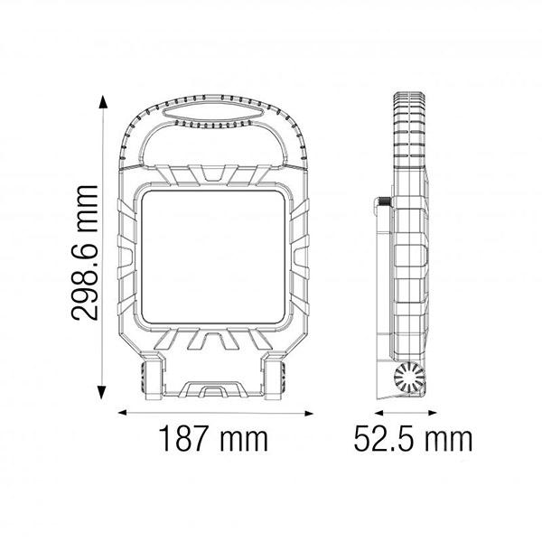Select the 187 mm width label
point(213,439)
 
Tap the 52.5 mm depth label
point(411,439)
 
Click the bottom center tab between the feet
point(213,390)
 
